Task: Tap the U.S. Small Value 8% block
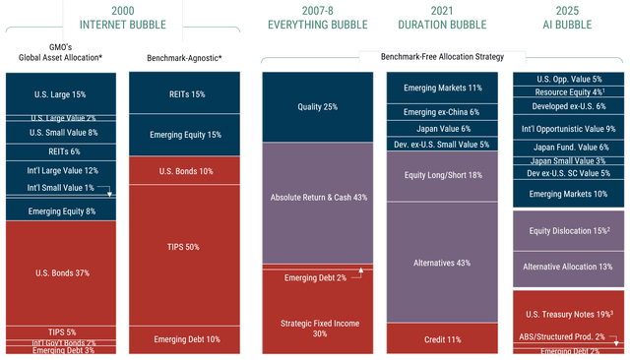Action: [x=64, y=132]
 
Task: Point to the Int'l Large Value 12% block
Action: [x=64, y=170]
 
